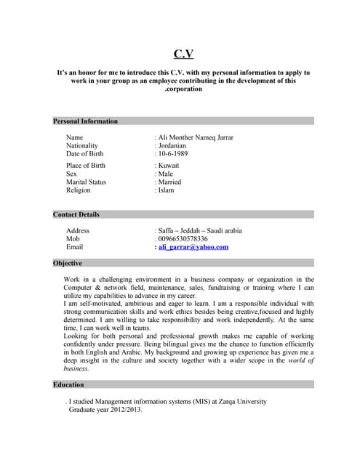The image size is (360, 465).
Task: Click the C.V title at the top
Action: (183, 54)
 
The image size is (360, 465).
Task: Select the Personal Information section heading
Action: (85, 121)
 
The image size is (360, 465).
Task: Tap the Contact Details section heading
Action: (76, 214)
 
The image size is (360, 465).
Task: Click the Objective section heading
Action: (68, 263)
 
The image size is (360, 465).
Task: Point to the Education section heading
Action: (68, 384)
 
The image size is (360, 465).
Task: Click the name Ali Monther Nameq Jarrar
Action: (195, 137)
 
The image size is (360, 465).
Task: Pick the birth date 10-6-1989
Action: (172, 154)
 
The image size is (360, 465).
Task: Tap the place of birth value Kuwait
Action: (168, 166)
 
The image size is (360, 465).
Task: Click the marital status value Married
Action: (169, 182)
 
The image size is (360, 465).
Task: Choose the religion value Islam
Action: (165, 190)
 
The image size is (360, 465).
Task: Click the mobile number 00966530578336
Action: (182, 238)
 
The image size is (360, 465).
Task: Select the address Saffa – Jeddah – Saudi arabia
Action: (199, 230)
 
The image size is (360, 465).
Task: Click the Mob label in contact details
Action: (73, 238)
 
